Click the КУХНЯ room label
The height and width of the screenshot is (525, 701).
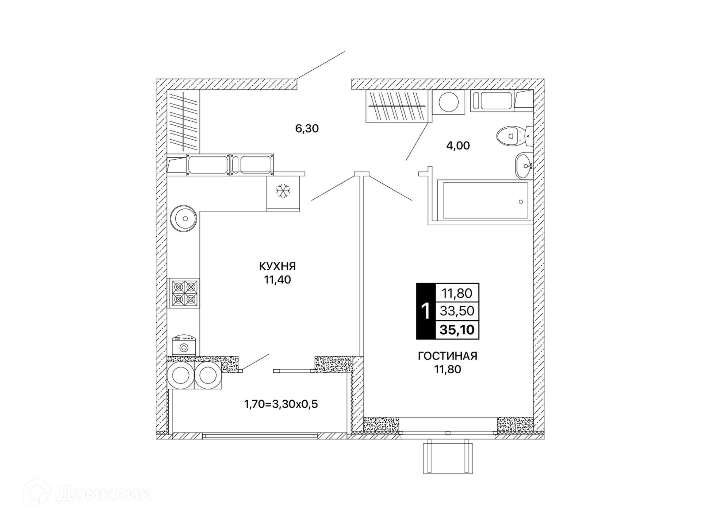tap(277, 266)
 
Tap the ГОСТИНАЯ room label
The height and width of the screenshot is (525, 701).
tap(448, 356)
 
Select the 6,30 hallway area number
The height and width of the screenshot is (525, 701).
tap(307, 128)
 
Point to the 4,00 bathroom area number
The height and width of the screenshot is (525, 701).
tap(458, 145)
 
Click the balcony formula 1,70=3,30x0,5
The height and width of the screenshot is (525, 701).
tap(281, 404)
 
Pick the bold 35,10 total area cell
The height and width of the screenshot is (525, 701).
tap(457, 330)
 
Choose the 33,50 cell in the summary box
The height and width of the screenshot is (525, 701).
tap(457, 311)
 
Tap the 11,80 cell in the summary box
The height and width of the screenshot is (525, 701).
tap(457, 293)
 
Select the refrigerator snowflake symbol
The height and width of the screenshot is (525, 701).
tap(283, 191)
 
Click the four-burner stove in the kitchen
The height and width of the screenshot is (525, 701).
tap(184, 293)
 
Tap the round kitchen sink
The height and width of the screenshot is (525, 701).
tap(184, 218)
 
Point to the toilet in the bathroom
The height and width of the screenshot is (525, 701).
tap(515, 136)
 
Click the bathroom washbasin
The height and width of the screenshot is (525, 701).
tap(524, 166)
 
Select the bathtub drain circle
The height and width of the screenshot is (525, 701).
tap(521, 202)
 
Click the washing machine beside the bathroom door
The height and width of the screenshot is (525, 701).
tap(449, 102)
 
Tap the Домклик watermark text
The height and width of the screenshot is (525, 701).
tap(104, 494)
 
